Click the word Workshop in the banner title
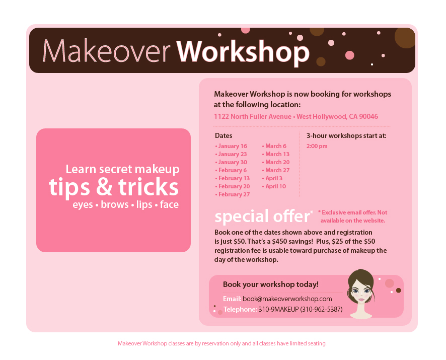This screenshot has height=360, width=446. (x=243, y=51)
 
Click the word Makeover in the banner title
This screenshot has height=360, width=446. (x=107, y=51)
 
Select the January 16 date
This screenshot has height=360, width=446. (x=232, y=146)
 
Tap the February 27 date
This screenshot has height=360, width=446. (x=234, y=194)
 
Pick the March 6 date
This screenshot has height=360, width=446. (x=275, y=146)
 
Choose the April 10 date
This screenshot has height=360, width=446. (x=275, y=186)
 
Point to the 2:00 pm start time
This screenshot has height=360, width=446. (x=317, y=146)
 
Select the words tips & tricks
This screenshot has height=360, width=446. (x=114, y=187)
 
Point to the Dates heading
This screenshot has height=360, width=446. (x=224, y=135)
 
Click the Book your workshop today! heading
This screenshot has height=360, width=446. (x=270, y=284)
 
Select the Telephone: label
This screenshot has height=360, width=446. (x=240, y=309)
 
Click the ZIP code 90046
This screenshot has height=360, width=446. (x=368, y=116)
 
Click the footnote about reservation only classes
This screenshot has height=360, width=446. (x=222, y=343)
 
